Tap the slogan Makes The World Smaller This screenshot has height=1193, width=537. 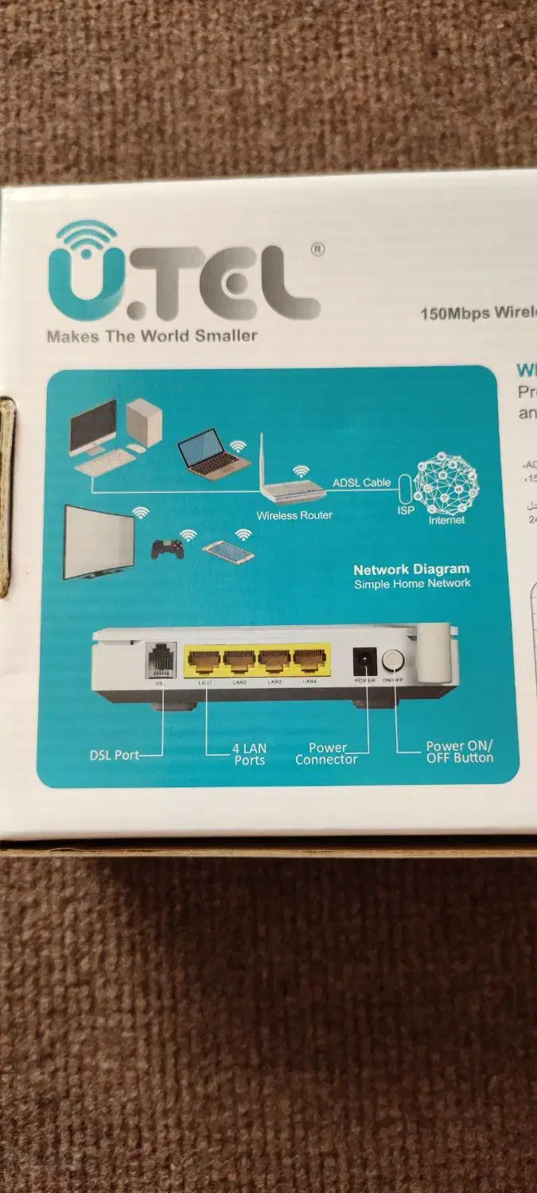[152, 336]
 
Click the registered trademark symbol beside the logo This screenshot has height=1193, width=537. [317, 250]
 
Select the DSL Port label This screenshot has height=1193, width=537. [115, 755]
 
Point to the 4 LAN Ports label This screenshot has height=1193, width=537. [249, 754]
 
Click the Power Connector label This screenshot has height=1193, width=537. [326, 754]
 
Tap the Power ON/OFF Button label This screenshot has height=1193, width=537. [459, 752]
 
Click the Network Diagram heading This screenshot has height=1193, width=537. [411, 569]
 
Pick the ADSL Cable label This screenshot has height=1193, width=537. [361, 483]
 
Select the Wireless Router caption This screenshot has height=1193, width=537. [294, 515]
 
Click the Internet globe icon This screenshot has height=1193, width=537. [447, 484]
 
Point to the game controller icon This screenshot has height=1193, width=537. [168, 549]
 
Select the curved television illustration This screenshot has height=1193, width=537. [99, 542]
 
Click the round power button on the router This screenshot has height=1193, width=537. [392, 660]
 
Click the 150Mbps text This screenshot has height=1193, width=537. [455, 313]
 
